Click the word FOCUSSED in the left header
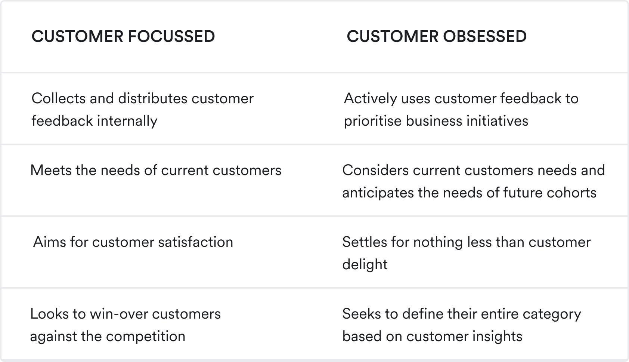pyautogui.click(x=171, y=37)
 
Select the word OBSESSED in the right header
pyautogui.click(x=485, y=37)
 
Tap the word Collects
pyautogui.click(x=58, y=98)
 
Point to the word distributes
pyautogui.click(x=152, y=98)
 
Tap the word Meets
pyautogui.click(x=50, y=170)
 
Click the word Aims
pyautogui.click(x=49, y=242)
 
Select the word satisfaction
pyautogui.click(x=195, y=242)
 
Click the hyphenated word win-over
pyautogui.click(x=119, y=314)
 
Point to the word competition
pyautogui.click(x=146, y=337)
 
